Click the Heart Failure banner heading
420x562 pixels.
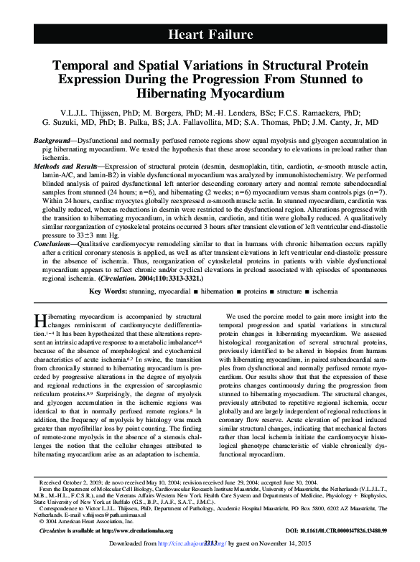pos(210,34)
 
